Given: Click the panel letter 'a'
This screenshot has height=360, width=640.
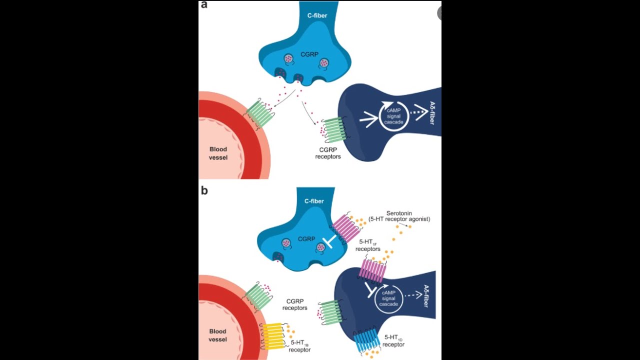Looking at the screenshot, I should [x=204, y=5].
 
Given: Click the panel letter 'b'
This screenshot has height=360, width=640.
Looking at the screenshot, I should [x=204, y=191].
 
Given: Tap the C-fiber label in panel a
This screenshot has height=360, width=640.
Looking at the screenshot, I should [x=317, y=15].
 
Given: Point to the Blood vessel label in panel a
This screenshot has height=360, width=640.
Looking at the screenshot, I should [x=218, y=153].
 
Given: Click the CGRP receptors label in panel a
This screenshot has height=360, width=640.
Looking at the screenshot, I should [x=328, y=152].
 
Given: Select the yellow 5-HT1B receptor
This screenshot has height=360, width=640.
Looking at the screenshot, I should [x=273, y=335].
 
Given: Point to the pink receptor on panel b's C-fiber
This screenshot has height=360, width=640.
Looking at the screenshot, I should [x=346, y=228].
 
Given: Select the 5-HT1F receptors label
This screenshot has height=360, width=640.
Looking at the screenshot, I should [x=367, y=245].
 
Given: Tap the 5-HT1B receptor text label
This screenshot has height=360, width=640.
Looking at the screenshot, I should [x=300, y=346].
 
